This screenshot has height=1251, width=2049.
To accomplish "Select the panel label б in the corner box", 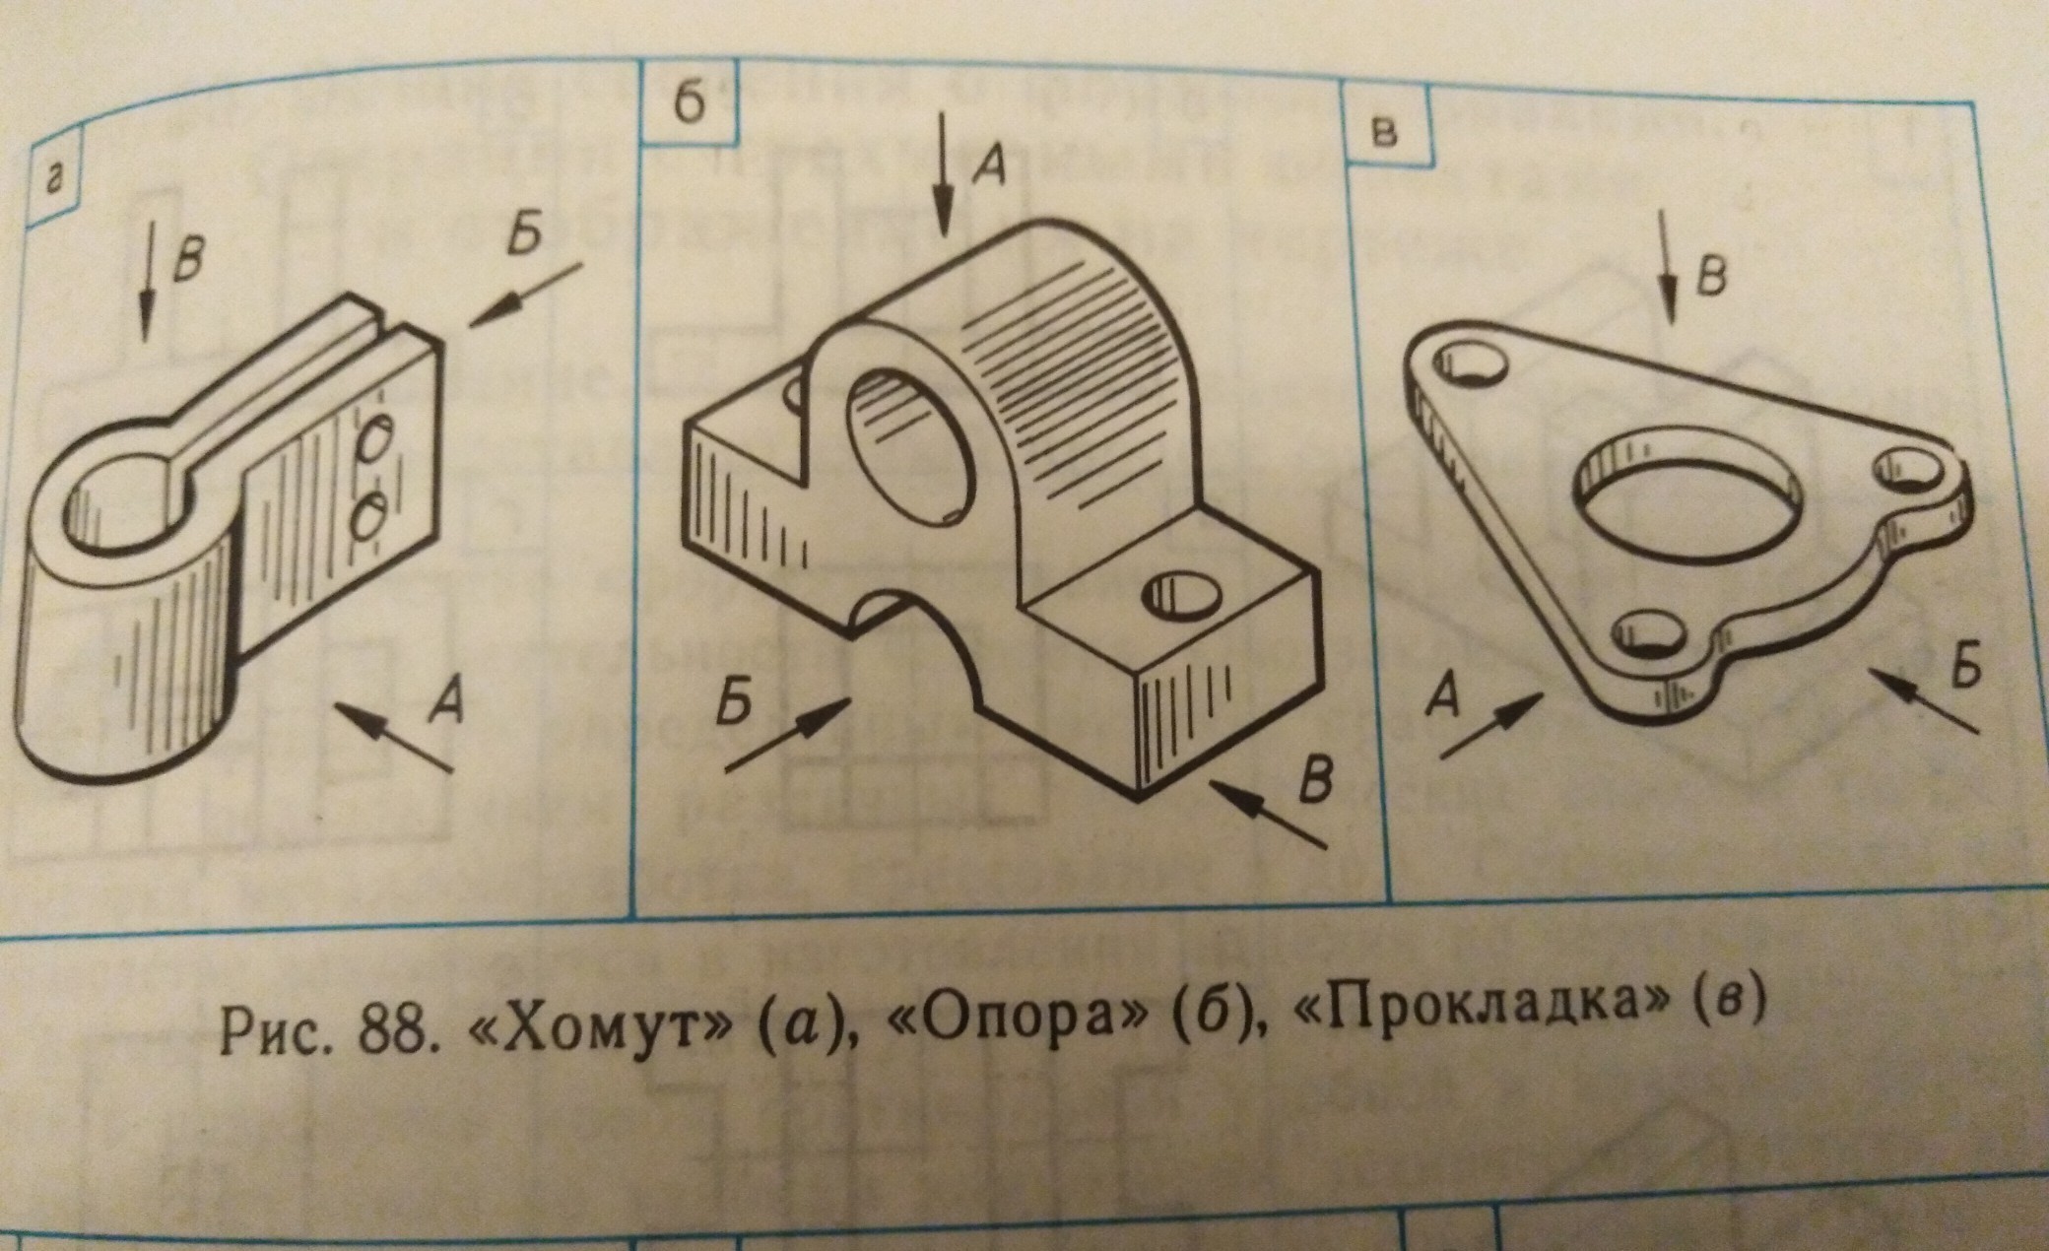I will pos(691,103).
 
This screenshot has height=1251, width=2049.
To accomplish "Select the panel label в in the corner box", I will pos(1385,132).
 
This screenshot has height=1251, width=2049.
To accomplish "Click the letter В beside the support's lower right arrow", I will pos(1315,779).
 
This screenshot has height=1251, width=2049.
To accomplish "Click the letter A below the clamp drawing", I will pos(446,701).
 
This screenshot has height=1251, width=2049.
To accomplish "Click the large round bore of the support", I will pos(910,448).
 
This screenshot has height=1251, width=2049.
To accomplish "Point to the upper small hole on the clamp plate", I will pos(373,440).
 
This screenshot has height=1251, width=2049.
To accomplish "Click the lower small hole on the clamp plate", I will pos(368,516).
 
